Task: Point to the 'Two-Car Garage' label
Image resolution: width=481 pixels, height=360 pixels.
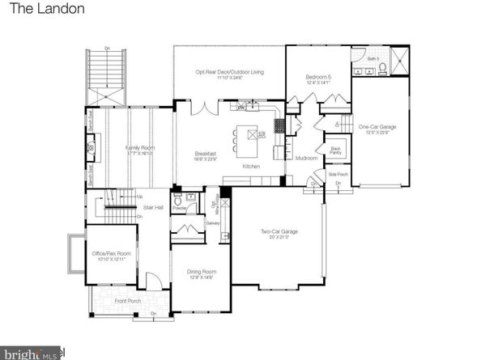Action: click(x=279, y=232)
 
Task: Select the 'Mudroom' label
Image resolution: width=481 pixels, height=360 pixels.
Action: click(x=306, y=158)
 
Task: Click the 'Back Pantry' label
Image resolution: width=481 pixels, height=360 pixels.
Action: click(x=335, y=150)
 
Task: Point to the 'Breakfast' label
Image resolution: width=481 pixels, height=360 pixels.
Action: click(x=203, y=154)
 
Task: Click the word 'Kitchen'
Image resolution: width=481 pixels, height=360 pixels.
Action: click(x=251, y=166)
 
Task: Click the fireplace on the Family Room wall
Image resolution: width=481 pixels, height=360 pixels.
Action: click(x=91, y=149)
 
